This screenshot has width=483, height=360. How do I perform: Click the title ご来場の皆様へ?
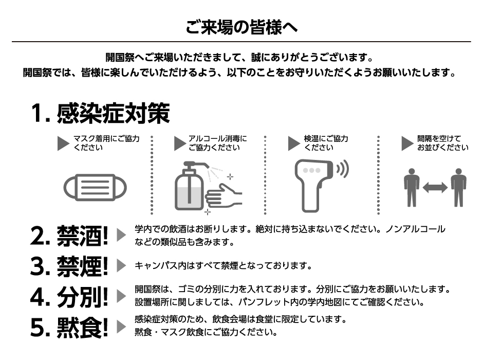click(x=242, y=27)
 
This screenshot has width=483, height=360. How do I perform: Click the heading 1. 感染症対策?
click(x=100, y=113)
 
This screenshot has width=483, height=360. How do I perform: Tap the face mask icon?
click(x=95, y=187)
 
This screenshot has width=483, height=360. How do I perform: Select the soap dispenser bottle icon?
click(x=189, y=187)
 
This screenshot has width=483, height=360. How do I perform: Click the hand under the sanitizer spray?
click(x=224, y=196)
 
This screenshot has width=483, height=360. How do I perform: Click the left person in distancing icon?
click(x=412, y=187)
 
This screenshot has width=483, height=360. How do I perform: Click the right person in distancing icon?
click(x=459, y=187)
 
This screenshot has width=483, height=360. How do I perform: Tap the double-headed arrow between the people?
click(x=435, y=187)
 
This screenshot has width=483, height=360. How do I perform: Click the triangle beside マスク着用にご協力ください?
click(x=63, y=143)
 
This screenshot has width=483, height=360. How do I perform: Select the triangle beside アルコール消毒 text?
click(x=180, y=143)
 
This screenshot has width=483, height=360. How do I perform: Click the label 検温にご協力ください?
click(x=326, y=143)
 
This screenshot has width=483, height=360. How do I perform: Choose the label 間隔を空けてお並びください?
click(x=443, y=143)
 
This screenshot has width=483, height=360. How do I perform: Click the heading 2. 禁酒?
click(x=69, y=236)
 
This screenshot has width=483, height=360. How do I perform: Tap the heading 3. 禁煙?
click(x=69, y=266)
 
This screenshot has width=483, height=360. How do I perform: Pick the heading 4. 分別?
click(x=69, y=297)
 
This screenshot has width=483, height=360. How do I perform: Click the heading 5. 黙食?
click(x=69, y=327)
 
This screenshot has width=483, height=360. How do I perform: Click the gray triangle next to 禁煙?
click(x=121, y=266)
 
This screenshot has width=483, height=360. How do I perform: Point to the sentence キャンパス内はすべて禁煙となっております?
click(x=224, y=265)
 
